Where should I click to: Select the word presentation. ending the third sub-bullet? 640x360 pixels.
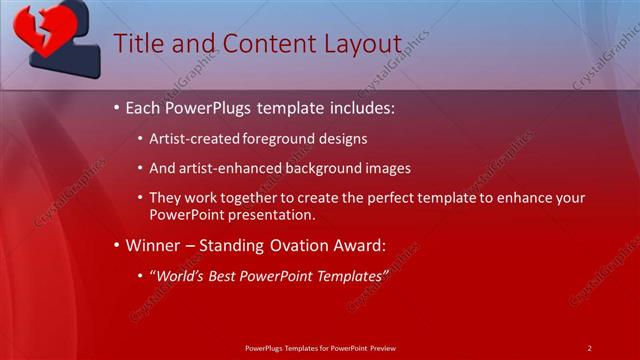(x=273, y=214)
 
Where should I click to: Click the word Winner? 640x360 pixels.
(x=155, y=245)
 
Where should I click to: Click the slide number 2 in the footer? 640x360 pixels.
(x=589, y=347)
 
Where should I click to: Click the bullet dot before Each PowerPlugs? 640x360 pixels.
(x=117, y=106)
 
